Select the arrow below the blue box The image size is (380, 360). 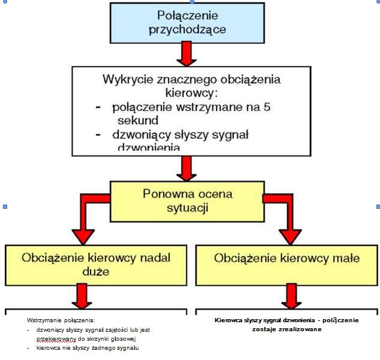click(x=187, y=55)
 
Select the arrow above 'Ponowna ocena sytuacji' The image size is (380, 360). click(x=187, y=168)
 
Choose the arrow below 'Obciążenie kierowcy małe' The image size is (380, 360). click(x=292, y=296)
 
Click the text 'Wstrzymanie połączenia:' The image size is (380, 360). click(x=62, y=320)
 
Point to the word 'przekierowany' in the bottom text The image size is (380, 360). click(x=56, y=338)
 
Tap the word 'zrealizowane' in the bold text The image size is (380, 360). click(x=287, y=329)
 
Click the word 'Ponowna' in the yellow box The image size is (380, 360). click(x=167, y=194)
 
